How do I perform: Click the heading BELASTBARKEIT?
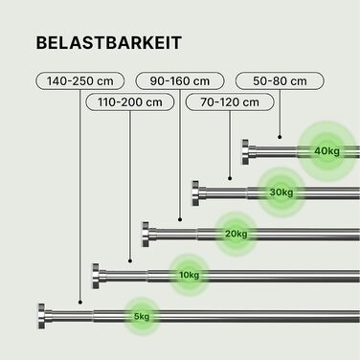pos(109,43)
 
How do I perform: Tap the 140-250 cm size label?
pos(79,81)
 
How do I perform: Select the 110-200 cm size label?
pos(130,102)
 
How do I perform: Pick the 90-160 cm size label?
pos(180,81)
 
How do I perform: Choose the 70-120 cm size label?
pos(230,102)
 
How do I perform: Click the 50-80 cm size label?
pos(280,81)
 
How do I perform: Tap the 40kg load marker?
pos(326,151)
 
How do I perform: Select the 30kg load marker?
pos(281,192)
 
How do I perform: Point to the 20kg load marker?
pos(236,234)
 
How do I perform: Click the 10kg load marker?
pos(190,275)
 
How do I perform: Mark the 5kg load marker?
pos(142,317)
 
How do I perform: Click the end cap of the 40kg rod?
pos(245,152)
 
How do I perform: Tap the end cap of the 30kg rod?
pos(195,193)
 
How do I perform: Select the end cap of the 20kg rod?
pos(146,235)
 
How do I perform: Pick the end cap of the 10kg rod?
pos(96,276)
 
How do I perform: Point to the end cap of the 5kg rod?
pos(41,316)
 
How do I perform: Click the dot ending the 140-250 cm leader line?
pos(80,302)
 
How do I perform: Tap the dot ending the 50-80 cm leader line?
pos(280,137)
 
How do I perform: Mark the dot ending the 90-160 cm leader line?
pos(180,219)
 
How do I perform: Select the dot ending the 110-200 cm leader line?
pos(130,261)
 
